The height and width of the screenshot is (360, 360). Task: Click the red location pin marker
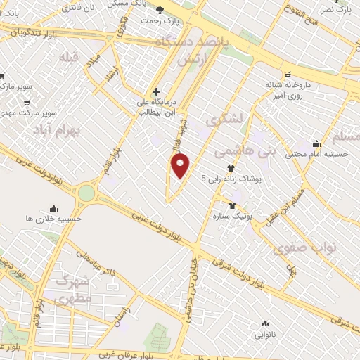coord(181,165)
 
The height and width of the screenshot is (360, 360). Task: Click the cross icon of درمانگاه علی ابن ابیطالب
coord(157,91)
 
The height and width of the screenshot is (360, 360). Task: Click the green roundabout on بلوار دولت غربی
coord(86,192)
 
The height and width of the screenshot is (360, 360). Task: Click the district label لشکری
coord(225,121)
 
